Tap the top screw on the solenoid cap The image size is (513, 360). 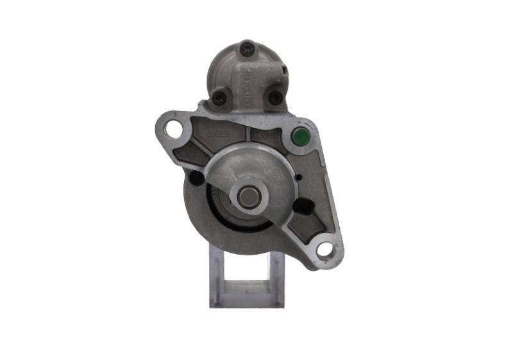[x=247, y=47]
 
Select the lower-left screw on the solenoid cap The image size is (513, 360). [x=219, y=98]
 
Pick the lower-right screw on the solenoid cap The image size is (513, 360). [x=274, y=98]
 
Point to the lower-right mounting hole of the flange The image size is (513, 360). [x=325, y=249]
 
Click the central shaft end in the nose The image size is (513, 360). [x=249, y=196]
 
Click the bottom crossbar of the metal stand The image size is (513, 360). [x=246, y=302]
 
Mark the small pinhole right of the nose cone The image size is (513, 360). [x=298, y=178]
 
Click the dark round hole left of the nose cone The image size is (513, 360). [x=198, y=178]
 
